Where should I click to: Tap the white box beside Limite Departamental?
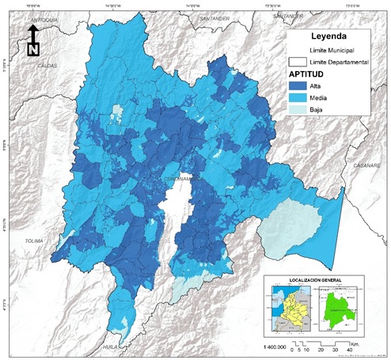click(298, 63)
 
